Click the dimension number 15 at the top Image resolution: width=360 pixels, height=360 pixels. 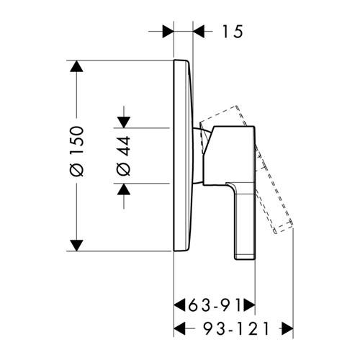click(x=233, y=32)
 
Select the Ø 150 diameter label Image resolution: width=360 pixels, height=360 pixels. click(x=77, y=151)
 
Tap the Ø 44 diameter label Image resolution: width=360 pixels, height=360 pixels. click(x=124, y=156)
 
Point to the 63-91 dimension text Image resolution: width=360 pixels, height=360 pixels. click(x=215, y=305)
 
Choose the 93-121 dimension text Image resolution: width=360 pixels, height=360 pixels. click(x=237, y=329)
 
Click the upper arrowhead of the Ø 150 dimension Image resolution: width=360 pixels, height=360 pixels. click(x=76, y=66)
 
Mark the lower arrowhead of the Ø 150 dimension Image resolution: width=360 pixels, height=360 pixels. click(x=76, y=246)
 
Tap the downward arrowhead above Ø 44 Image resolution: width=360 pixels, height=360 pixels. click(x=124, y=122)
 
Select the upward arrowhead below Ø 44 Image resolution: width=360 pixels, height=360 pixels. click(x=124, y=189)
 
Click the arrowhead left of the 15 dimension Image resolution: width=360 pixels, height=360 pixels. click(x=168, y=32)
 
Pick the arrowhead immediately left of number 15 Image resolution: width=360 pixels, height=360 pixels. click(x=199, y=32)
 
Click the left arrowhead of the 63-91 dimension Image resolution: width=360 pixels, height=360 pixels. click(x=179, y=305)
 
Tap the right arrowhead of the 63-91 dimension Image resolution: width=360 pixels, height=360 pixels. click(x=249, y=305)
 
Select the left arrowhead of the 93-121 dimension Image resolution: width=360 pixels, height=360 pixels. click(x=179, y=329)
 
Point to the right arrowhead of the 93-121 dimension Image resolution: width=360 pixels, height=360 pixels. click(x=287, y=329)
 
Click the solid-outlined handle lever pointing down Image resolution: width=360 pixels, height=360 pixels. click(x=243, y=221)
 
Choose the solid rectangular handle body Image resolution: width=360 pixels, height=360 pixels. click(x=229, y=156)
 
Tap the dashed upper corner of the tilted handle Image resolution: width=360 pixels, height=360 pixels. click(x=236, y=106)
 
